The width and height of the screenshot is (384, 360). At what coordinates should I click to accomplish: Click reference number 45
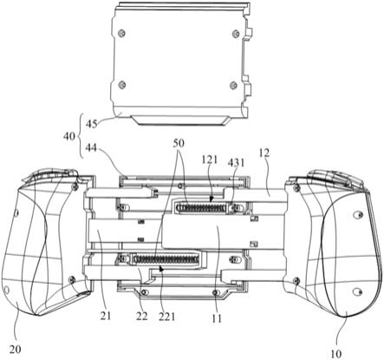tap(91, 124)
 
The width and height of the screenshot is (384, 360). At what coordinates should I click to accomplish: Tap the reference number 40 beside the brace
tap(69, 136)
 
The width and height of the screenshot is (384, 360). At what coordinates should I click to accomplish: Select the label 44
tap(91, 148)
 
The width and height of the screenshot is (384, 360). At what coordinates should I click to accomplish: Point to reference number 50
tap(179, 143)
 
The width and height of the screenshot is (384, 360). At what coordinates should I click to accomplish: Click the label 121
tap(210, 159)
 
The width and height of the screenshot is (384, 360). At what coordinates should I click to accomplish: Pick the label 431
tap(236, 163)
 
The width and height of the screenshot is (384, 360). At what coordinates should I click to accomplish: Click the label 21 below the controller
tap(106, 316)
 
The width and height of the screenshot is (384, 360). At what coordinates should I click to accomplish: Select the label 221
tap(167, 317)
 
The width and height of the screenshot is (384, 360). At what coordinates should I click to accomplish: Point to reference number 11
tap(217, 318)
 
